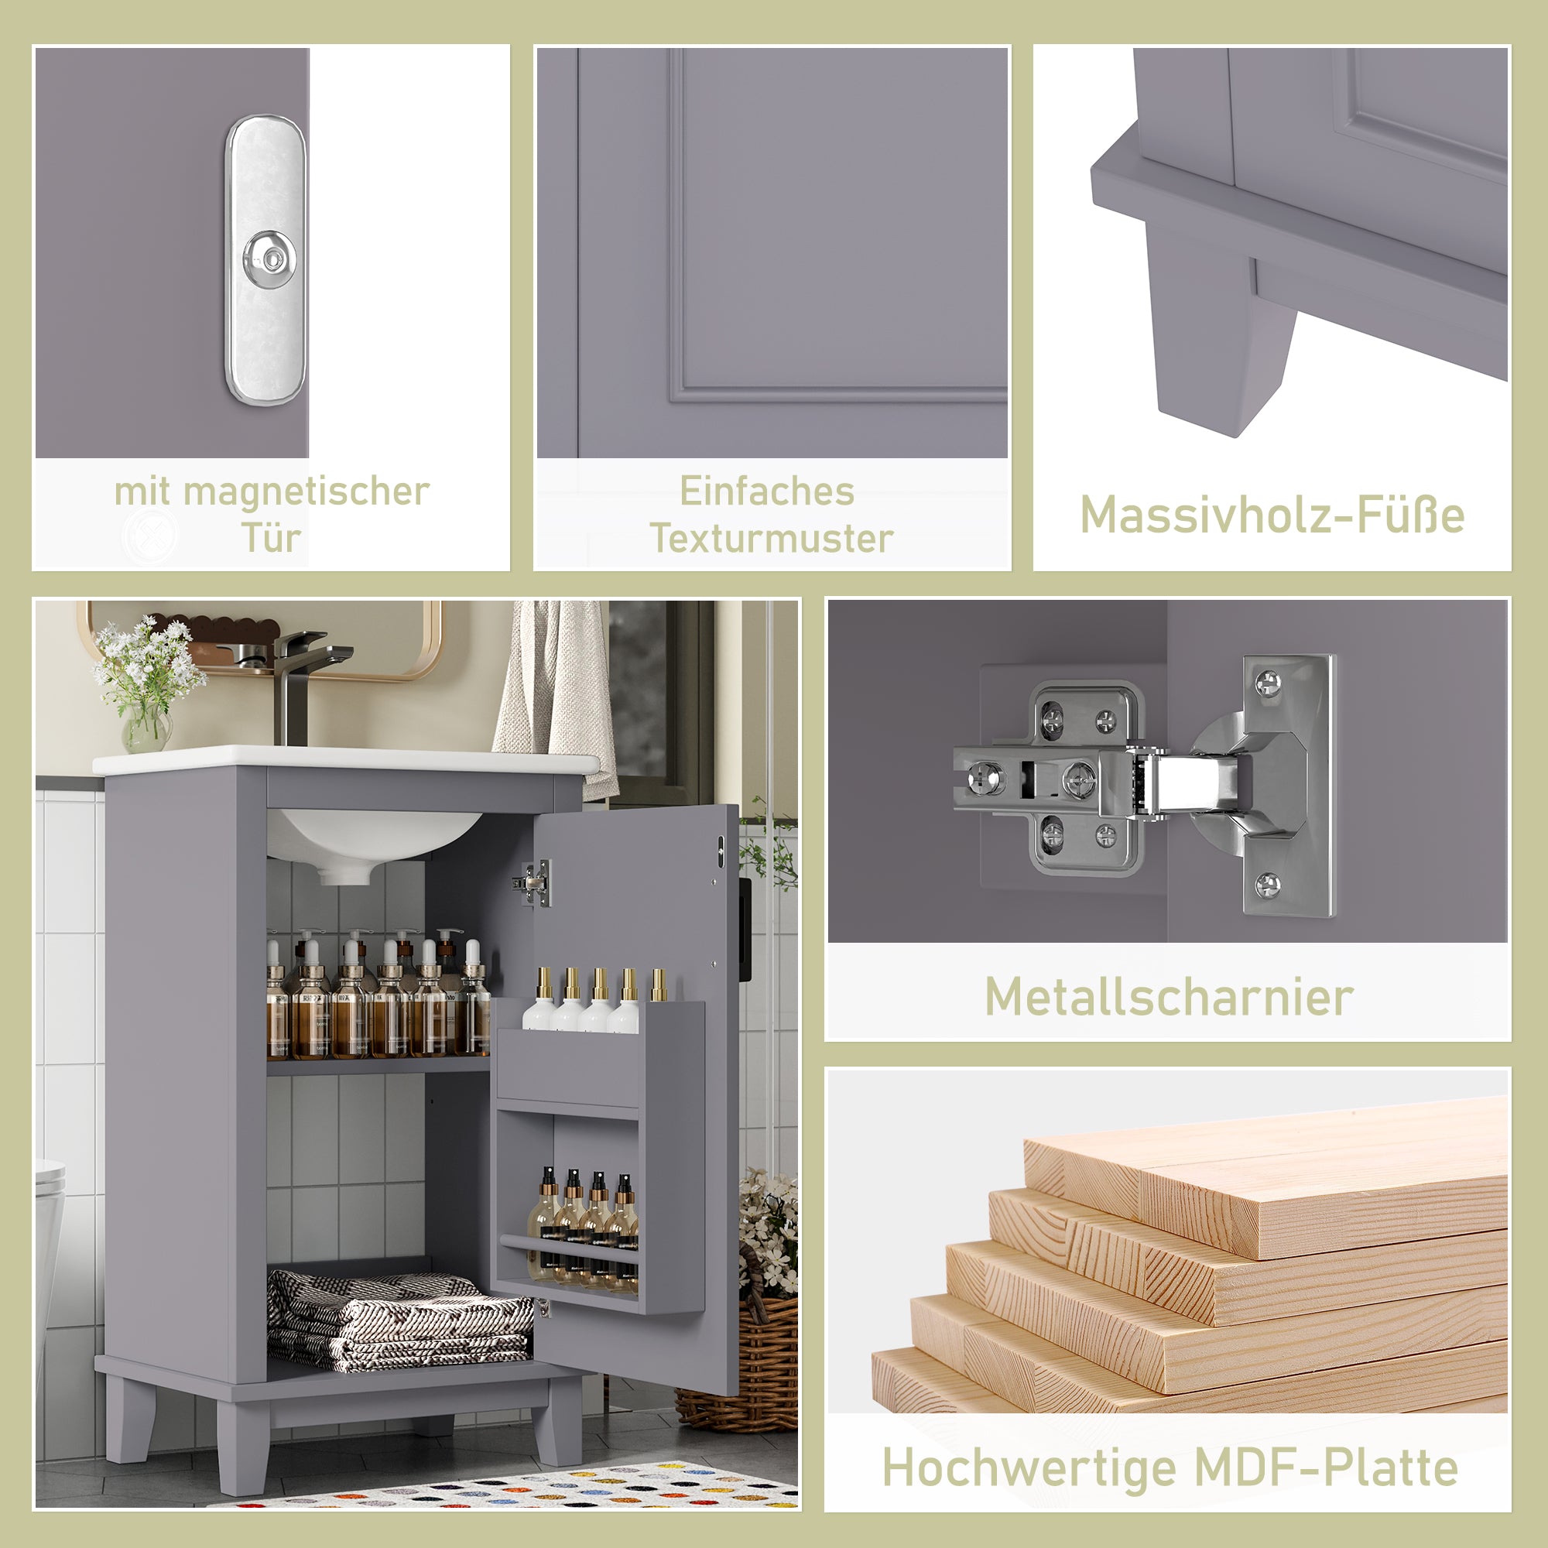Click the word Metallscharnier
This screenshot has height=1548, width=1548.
1168,998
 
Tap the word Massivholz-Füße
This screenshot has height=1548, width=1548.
1272,515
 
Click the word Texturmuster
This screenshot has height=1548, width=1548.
771,539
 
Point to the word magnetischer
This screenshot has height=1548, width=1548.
306,491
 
